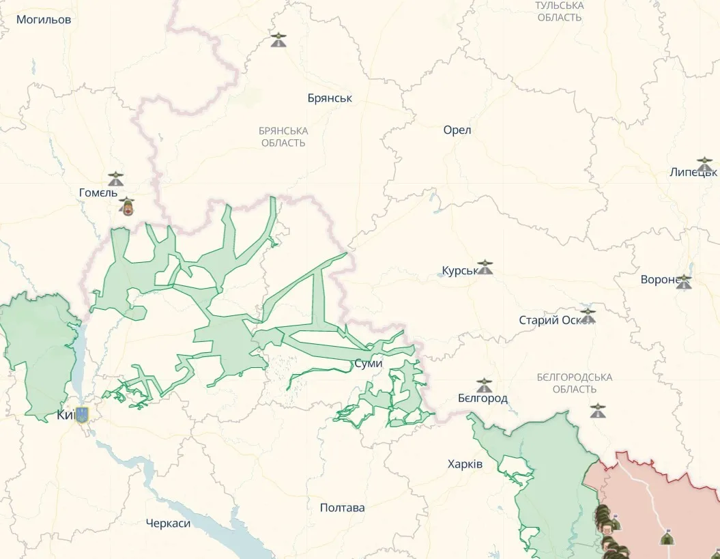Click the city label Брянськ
click(x=330, y=98)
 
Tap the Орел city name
click(x=457, y=130)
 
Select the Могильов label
click(x=44, y=20)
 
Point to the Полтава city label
click(x=342, y=508)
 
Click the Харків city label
click(x=465, y=464)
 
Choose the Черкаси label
click(x=168, y=524)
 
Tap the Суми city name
click(x=368, y=364)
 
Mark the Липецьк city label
click(x=692, y=172)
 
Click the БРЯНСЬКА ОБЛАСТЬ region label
click(x=283, y=137)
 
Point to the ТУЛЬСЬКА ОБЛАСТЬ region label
click(x=559, y=12)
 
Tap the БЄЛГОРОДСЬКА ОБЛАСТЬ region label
click(x=574, y=383)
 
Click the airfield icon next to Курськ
click(x=485, y=267)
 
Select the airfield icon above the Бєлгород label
click(x=484, y=385)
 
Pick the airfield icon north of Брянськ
click(x=278, y=40)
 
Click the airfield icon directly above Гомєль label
click(x=115, y=179)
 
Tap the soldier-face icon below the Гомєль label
click(x=126, y=205)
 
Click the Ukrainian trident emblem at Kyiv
click(x=82, y=414)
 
